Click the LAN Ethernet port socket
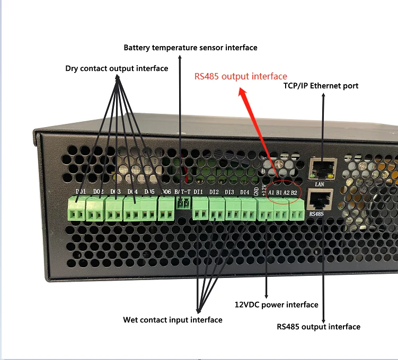point(321,168)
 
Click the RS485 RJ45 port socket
point(319,200)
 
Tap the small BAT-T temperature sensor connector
point(183,203)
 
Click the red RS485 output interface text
point(241,76)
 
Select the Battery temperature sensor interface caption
point(190,48)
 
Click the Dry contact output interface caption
point(117,68)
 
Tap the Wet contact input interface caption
point(173,320)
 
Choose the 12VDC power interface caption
point(276,304)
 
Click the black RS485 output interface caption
point(318,327)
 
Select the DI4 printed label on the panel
point(244,192)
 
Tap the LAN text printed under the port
point(319,185)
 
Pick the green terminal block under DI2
point(216,210)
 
